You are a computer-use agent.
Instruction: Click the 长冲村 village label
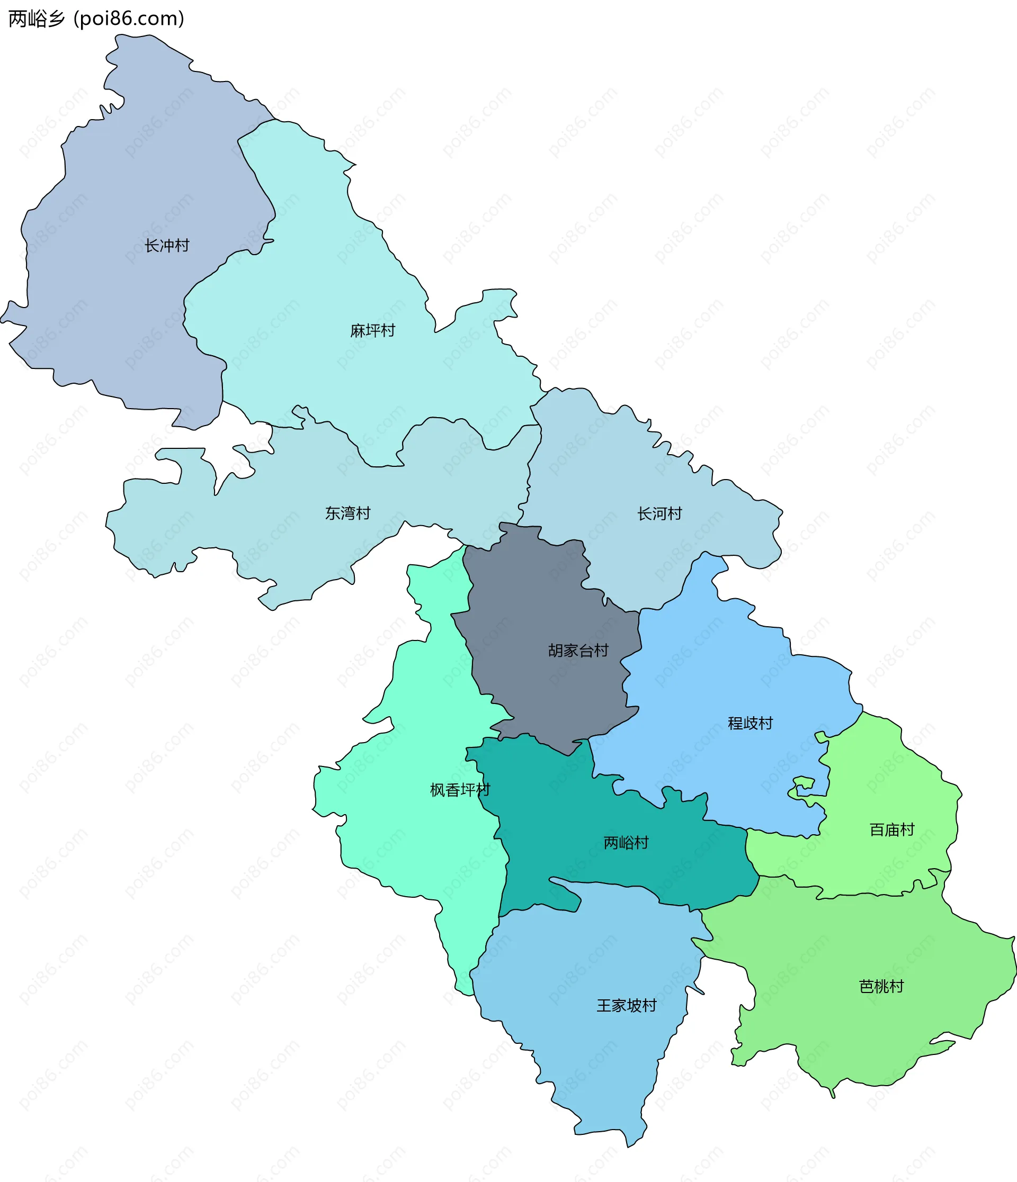click(167, 246)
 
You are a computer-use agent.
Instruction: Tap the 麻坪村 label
click(373, 331)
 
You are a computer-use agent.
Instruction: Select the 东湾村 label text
click(347, 513)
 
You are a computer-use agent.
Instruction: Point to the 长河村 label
click(660, 514)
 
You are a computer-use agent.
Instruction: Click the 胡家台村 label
click(578, 651)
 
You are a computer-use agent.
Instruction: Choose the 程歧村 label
click(750, 724)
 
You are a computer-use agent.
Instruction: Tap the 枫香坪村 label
click(460, 790)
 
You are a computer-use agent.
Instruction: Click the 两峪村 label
click(626, 843)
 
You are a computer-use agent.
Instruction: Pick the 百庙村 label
click(892, 829)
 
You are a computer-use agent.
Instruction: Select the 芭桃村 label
click(881, 986)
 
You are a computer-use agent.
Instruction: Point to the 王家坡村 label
click(627, 1005)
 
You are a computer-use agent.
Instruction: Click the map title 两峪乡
click(37, 19)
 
